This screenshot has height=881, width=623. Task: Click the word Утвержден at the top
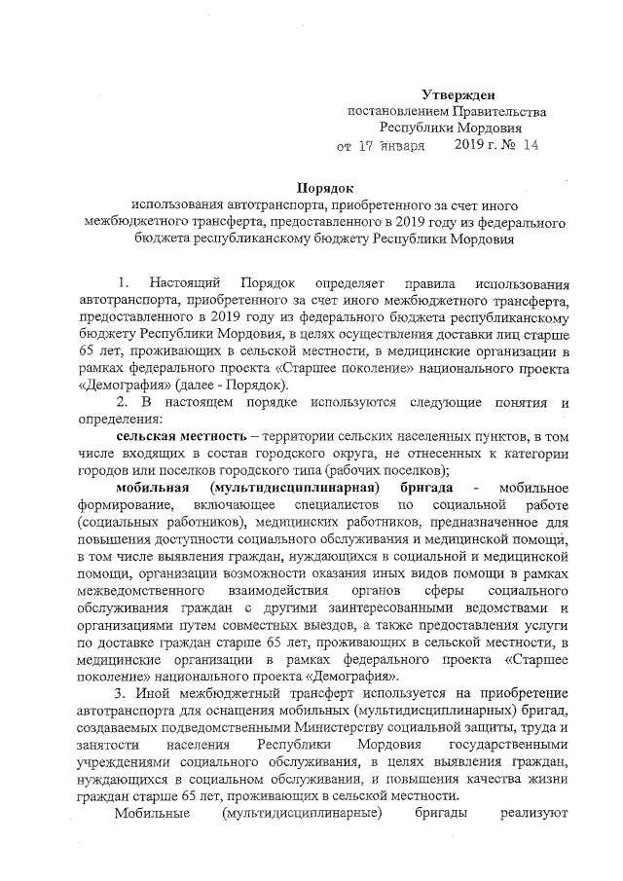pyautogui.click(x=457, y=94)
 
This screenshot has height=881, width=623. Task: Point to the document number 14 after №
pyautogui.click(x=530, y=145)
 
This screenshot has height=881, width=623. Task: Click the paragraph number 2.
pyautogui.click(x=121, y=402)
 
